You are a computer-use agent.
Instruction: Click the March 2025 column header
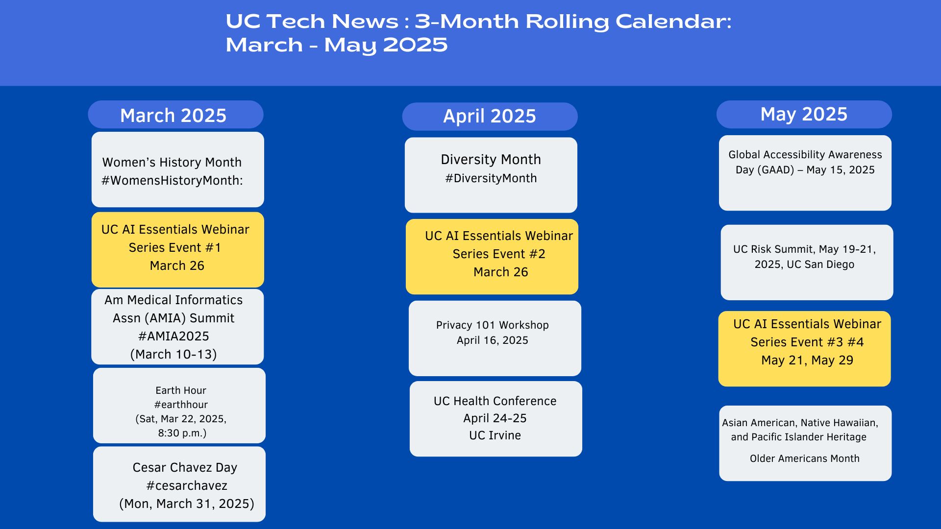175,115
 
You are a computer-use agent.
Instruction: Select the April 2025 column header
490,117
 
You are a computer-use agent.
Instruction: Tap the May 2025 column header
804,115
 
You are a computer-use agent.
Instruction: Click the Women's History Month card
177,169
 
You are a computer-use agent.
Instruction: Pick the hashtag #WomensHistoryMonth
172,181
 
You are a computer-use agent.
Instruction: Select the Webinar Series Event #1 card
177,250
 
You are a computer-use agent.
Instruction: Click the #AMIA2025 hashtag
173,337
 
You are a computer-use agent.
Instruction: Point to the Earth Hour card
179,406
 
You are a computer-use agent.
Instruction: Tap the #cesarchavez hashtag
187,486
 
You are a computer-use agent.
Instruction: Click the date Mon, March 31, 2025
187,504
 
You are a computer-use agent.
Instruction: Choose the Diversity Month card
491,175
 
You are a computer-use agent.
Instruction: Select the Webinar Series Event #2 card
492,257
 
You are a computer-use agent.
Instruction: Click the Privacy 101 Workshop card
495,338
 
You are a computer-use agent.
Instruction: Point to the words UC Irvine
495,435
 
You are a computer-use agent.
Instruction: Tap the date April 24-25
495,418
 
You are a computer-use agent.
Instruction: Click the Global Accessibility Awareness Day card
805,173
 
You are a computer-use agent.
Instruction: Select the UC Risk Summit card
807,263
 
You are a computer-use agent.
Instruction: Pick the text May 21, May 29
807,361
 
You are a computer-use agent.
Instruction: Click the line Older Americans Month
805,459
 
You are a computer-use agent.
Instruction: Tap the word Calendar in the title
673,22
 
